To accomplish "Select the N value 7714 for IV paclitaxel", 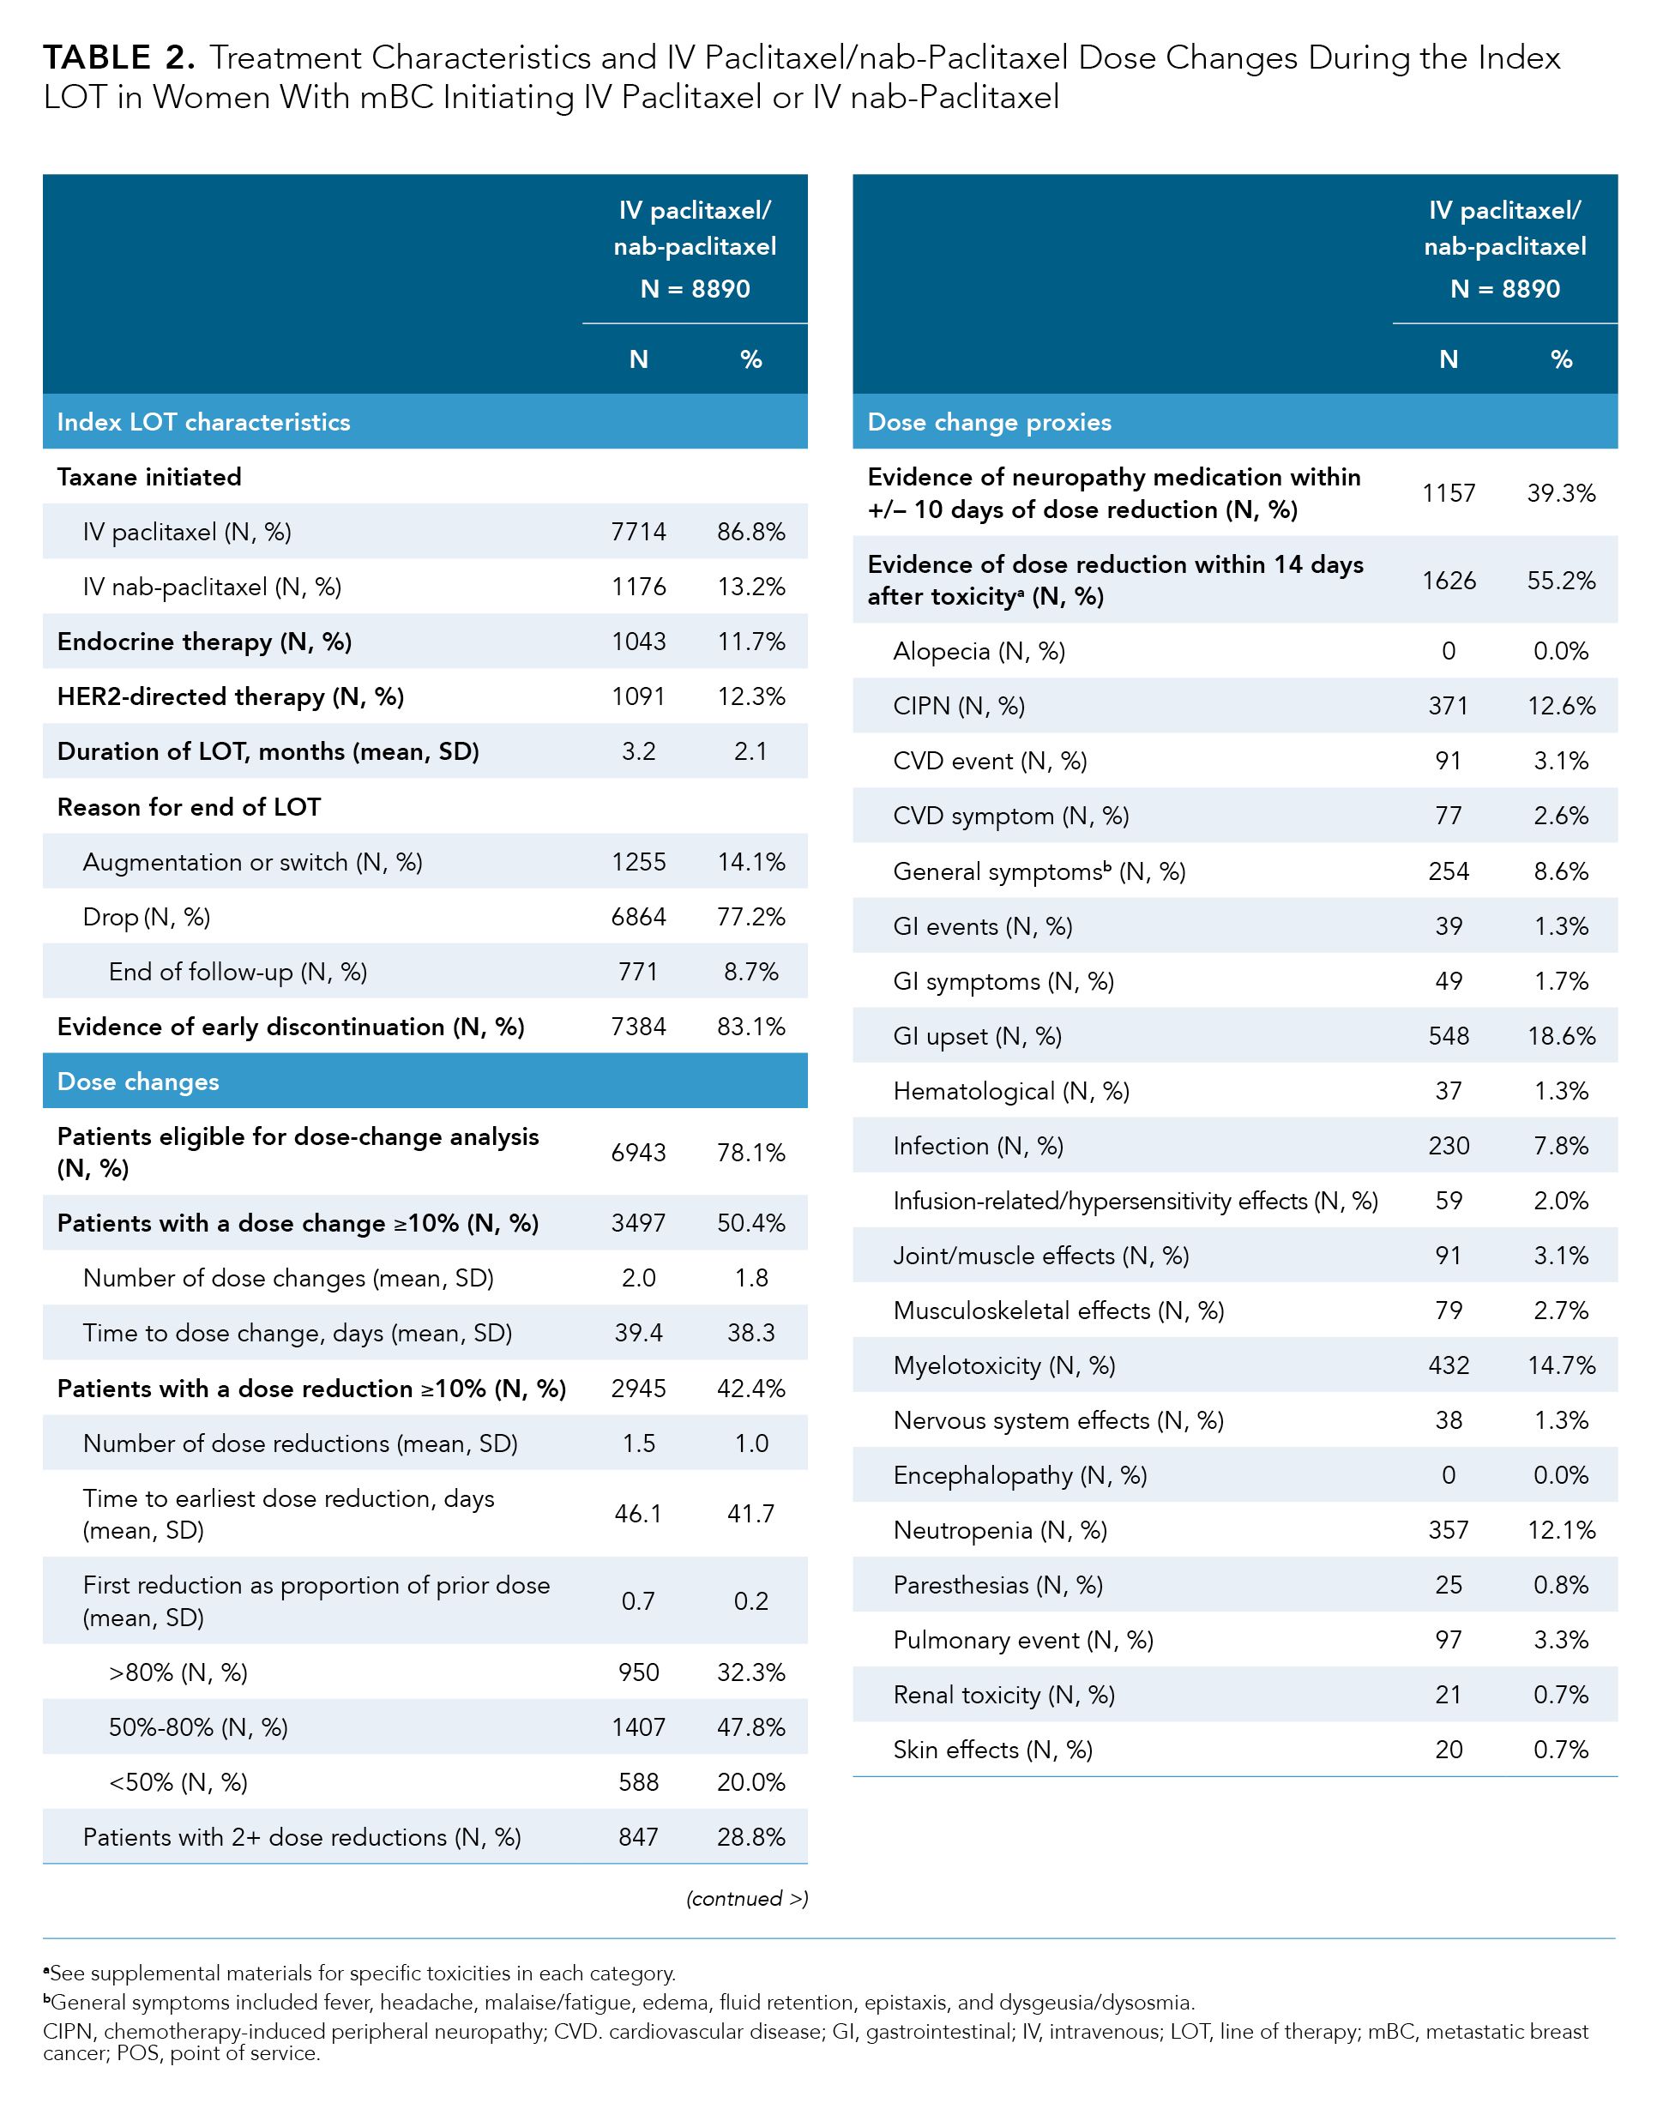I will [638, 532].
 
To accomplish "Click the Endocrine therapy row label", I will [204, 642].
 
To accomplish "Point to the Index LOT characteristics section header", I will [203, 422].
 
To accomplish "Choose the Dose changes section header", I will [138, 1082].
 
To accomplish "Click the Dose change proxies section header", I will [989, 422].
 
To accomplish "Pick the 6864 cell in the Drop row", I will [638, 917].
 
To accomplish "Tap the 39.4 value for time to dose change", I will [638, 1333].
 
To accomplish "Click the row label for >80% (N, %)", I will [178, 1672].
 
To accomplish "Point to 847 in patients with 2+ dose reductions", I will [638, 1837].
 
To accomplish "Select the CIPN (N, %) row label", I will [959, 706].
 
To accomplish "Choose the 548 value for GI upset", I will [1448, 1036].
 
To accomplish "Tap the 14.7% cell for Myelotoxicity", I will [1561, 1366].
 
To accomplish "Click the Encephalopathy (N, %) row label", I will [1020, 1476].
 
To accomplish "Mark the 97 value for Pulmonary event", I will [1448, 1641].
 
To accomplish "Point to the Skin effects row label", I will [992, 1750].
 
